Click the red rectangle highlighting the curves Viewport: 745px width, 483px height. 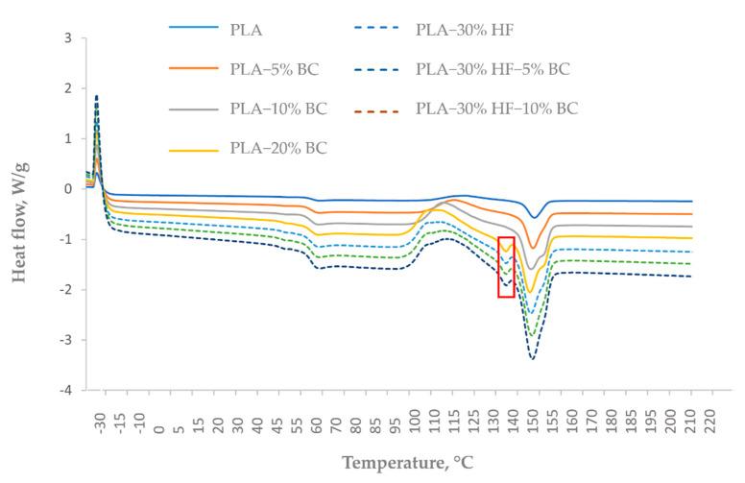click(x=507, y=266)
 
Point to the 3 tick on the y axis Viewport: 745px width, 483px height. click(x=67, y=38)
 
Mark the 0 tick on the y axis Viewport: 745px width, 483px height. click(x=67, y=189)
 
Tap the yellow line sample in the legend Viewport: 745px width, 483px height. click(x=192, y=150)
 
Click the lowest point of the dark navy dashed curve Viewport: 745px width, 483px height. click(x=532, y=359)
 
